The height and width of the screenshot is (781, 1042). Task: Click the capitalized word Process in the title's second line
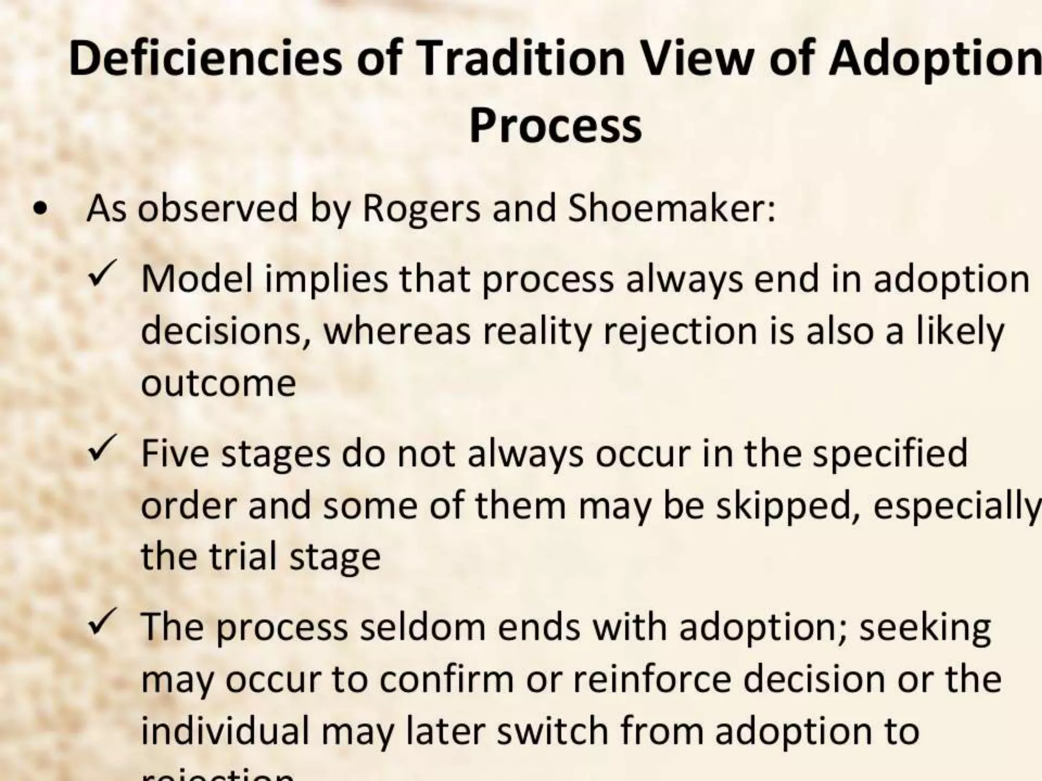(555, 126)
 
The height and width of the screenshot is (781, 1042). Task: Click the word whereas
(397, 331)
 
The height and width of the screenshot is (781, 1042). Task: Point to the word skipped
(784, 506)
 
